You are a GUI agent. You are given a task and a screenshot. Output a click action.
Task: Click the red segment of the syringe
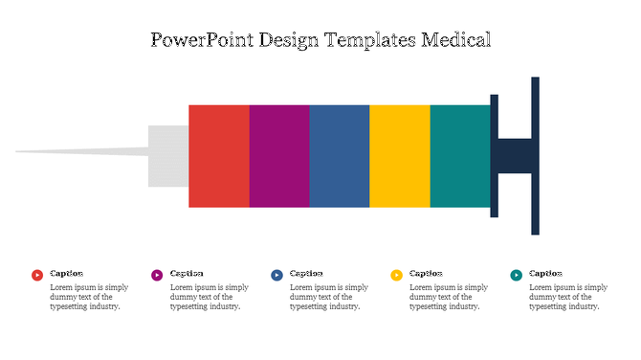(x=218, y=156)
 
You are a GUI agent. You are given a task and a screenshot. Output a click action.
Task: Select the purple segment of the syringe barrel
(x=279, y=156)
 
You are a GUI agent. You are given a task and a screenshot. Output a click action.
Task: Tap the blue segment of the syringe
(x=340, y=156)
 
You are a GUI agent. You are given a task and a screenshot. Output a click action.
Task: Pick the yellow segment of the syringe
(x=400, y=156)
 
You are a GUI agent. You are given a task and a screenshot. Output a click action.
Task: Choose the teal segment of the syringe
(x=460, y=156)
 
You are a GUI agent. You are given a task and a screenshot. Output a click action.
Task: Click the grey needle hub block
(x=168, y=156)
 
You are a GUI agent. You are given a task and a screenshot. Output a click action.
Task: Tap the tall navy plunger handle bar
(x=536, y=155)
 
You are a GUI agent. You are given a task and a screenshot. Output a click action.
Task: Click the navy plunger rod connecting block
(x=515, y=156)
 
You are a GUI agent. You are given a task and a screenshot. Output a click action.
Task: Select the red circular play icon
(x=37, y=275)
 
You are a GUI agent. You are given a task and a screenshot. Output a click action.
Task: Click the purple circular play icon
(x=157, y=275)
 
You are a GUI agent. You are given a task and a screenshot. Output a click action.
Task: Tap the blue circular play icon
(x=276, y=275)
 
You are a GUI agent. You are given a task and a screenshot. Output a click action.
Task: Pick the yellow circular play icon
(x=397, y=275)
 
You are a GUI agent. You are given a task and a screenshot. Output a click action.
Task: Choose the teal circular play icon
(x=517, y=275)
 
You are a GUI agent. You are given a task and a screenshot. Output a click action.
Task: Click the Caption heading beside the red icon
(x=67, y=274)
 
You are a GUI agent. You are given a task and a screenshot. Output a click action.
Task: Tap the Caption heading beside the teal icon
(x=546, y=274)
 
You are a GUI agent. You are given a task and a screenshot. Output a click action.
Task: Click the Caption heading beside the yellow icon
(x=427, y=274)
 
